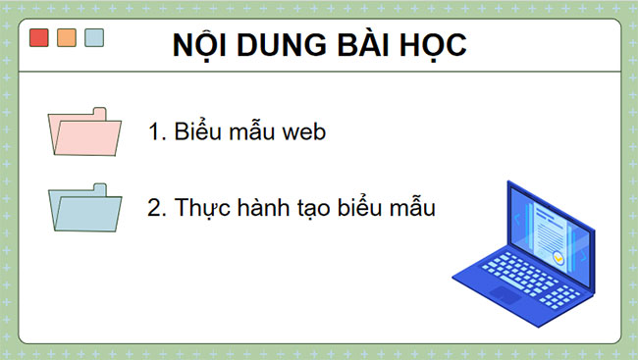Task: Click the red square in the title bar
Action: pyautogui.click(x=39, y=38)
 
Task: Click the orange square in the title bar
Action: pyautogui.click(x=67, y=38)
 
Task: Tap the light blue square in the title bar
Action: pyautogui.click(x=94, y=38)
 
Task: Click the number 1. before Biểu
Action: pyautogui.click(x=158, y=132)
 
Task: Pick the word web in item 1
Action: pyautogui.click(x=299, y=132)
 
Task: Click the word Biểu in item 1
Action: pyautogui.click(x=198, y=132)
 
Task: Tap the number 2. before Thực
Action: pyautogui.click(x=158, y=208)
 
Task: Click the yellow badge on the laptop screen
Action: pyautogui.click(x=558, y=258)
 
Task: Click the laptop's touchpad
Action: pyautogui.click(x=506, y=293)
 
